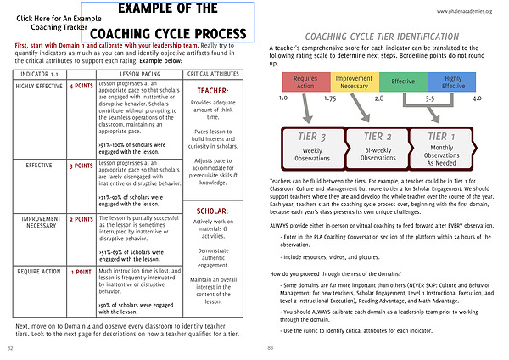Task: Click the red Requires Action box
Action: [x=305, y=82]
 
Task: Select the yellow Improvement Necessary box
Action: [x=353, y=82]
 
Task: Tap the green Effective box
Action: [x=403, y=82]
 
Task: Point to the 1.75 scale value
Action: [x=329, y=98]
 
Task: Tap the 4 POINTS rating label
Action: [x=81, y=86]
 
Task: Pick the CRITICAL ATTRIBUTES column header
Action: [x=210, y=75]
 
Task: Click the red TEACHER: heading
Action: [x=210, y=91]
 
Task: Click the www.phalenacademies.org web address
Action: [x=467, y=11]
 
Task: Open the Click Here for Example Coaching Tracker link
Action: [x=51, y=23]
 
